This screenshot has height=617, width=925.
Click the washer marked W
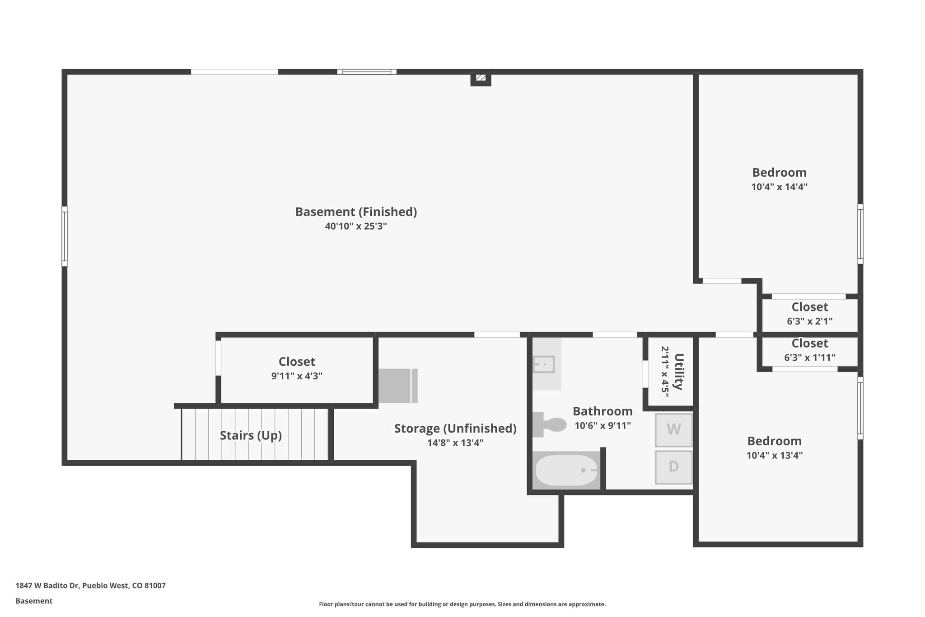click(673, 429)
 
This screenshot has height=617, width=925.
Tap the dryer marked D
click(673, 466)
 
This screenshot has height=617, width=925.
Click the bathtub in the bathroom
click(566, 471)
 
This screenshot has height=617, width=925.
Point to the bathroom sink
click(544, 364)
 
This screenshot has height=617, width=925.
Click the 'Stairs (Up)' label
click(251, 435)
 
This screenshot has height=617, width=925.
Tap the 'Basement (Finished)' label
click(356, 212)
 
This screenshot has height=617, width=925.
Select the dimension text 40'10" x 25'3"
click(356, 226)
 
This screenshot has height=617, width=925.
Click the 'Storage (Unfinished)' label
click(455, 428)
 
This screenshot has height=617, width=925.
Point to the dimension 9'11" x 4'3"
click(297, 376)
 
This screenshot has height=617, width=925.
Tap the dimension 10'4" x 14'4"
click(779, 187)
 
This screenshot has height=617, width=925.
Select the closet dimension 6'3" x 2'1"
click(809, 321)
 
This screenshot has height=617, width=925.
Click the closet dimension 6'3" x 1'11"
click(809, 358)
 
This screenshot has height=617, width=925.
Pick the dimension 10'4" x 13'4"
click(774, 455)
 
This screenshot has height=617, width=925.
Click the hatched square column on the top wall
click(481, 78)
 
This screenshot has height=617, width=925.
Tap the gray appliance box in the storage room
click(397, 386)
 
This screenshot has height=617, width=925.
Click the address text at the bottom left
click(90, 585)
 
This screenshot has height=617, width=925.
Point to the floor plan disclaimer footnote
click(462, 604)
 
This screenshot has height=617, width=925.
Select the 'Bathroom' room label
click(603, 411)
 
